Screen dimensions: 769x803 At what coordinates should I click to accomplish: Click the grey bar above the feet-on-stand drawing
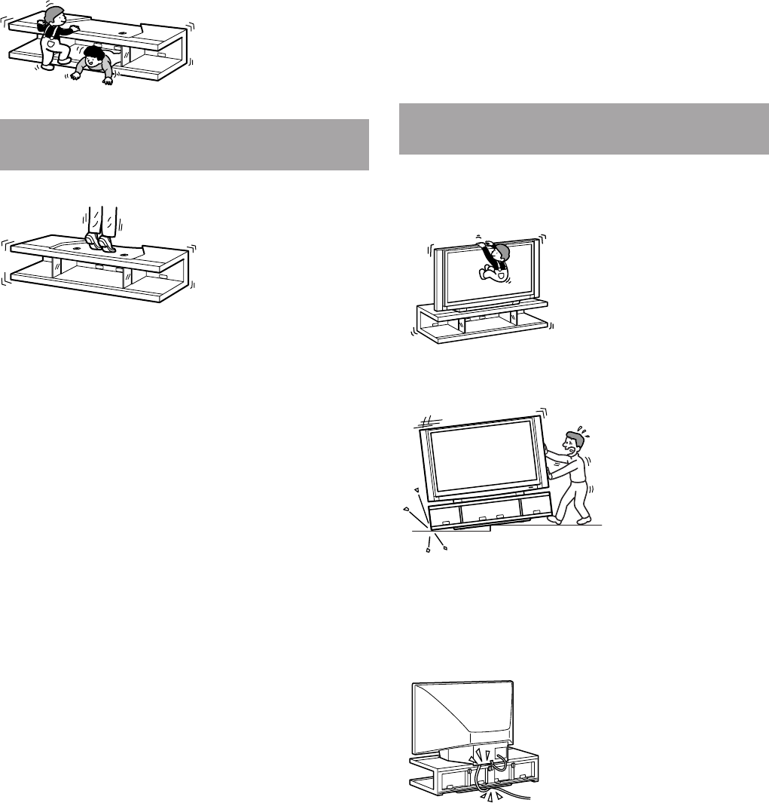[x=185, y=144]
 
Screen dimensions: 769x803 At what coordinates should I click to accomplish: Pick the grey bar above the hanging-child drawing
[x=583, y=129]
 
